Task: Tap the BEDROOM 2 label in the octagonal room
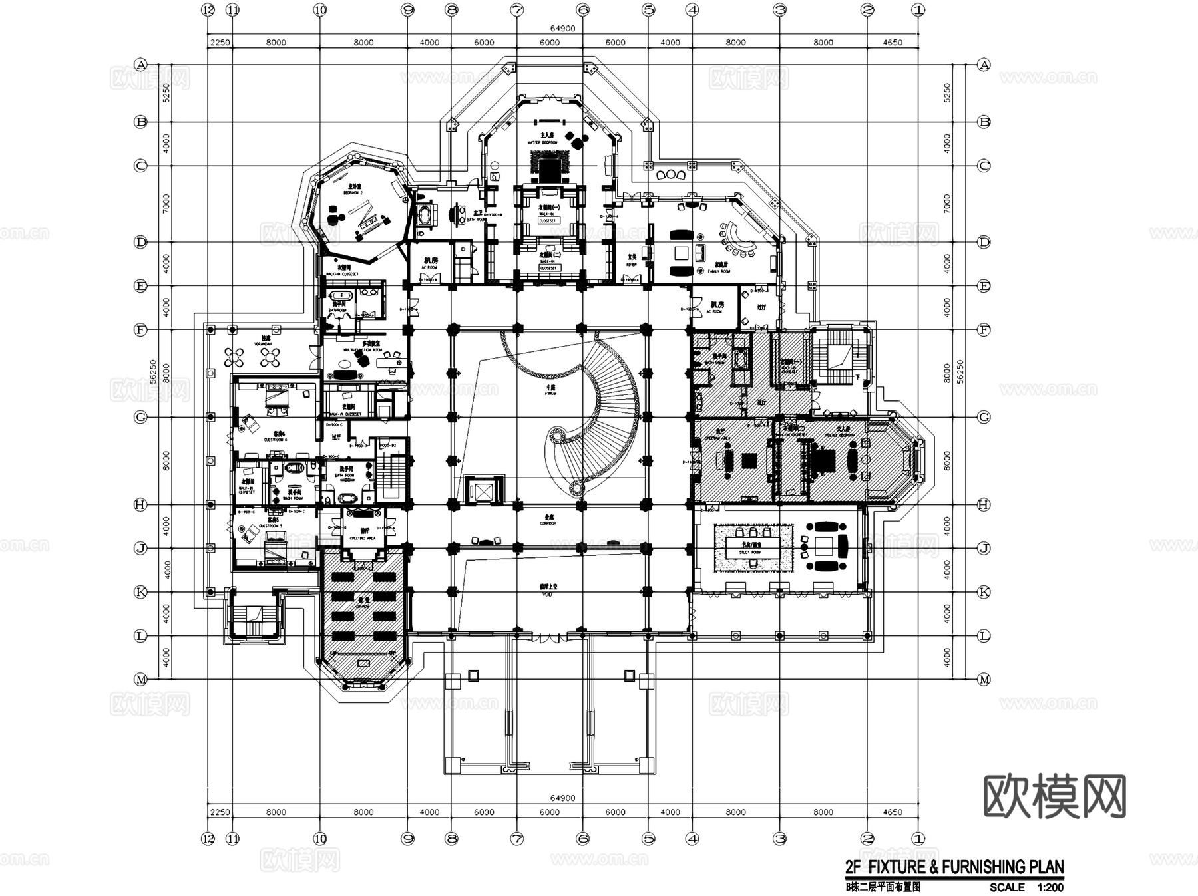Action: tap(353, 192)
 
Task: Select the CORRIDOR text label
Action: tap(548, 523)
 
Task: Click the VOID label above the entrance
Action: tap(548, 594)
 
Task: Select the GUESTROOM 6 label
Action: tap(276, 439)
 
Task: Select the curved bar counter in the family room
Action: tap(736, 239)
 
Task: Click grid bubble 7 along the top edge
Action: tap(517, 10)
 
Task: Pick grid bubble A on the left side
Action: tap(140, 65)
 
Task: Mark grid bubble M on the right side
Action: tap(984, 679)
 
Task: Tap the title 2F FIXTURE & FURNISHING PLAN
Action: tap(954, 867)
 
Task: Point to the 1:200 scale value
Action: tap(1050, 887)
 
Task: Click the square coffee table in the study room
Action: tap(825, 546)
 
